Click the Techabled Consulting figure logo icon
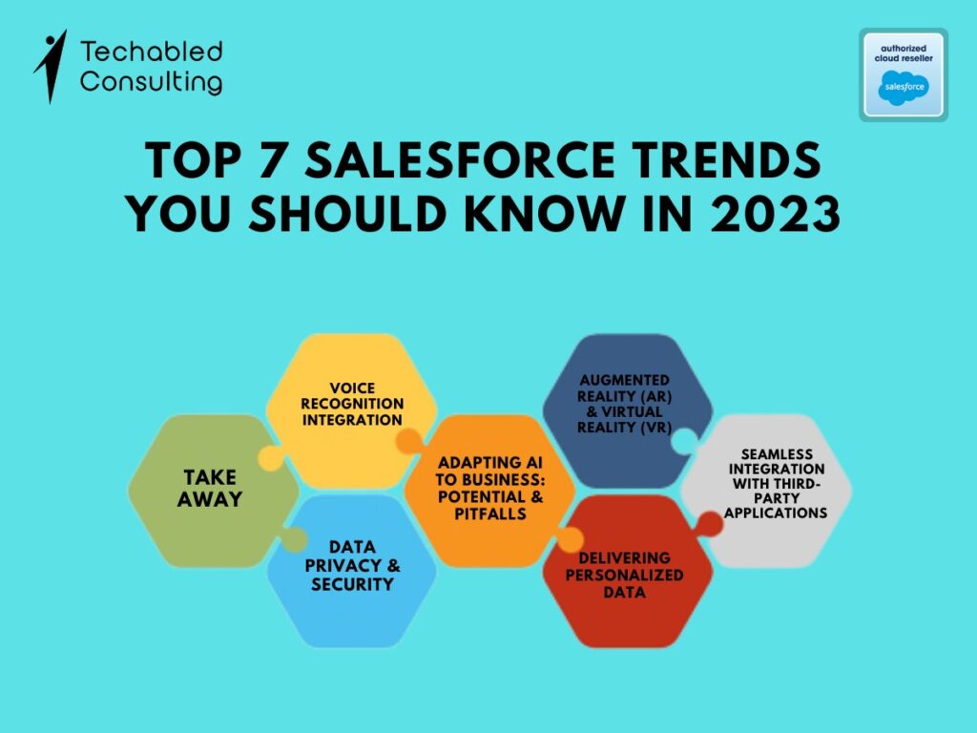point(52,66)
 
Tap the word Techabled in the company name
point(152,52)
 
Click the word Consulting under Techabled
point(151,82)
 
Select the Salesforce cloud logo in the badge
point(904,88)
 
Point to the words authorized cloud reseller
point(904,53)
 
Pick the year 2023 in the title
point(776,214)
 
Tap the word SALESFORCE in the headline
point(460,160)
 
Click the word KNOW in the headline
point(545,214)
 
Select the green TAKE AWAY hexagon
point(213,491)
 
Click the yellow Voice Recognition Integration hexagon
point(351,410)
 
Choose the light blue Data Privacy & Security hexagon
point(351,571)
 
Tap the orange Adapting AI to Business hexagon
point(489,491)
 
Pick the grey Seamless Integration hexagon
point(766,491)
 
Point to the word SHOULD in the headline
point(347,214)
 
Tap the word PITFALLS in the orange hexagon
point(490,513)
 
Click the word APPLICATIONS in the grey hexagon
point(776,513)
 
